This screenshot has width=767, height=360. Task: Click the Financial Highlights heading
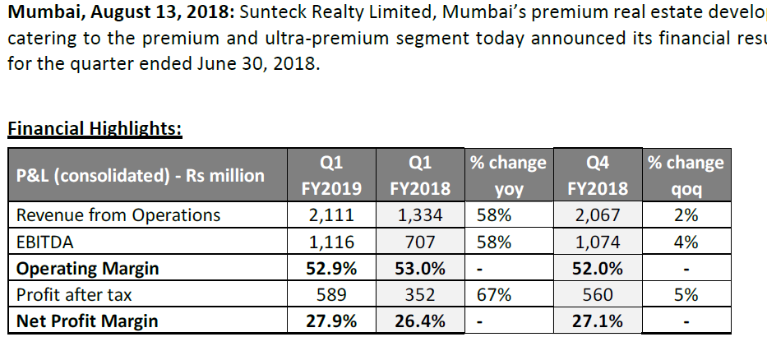click(x=95, y=128)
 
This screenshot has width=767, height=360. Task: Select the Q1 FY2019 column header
click(x=331, y=175)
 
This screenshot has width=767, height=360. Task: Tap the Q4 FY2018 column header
click(x=598, y=175)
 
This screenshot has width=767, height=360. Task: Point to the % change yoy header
click(x=508, y=175)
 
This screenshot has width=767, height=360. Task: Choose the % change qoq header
click(x=686, y=175)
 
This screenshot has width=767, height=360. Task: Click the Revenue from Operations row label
click(x=118, y=215)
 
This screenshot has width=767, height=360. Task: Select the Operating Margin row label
click(x=87, y=269)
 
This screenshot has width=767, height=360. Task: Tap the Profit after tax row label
click(x=74, y=295)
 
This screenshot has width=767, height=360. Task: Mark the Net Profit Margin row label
click(x=87, y=321)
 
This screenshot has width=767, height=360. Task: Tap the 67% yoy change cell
click(x=491, y=295)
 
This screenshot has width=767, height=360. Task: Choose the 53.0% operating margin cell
click(x=419, y=269)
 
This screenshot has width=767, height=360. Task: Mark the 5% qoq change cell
click(x=686, y=295)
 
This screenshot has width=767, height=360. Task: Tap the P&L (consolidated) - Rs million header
click(x=141, y=175)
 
